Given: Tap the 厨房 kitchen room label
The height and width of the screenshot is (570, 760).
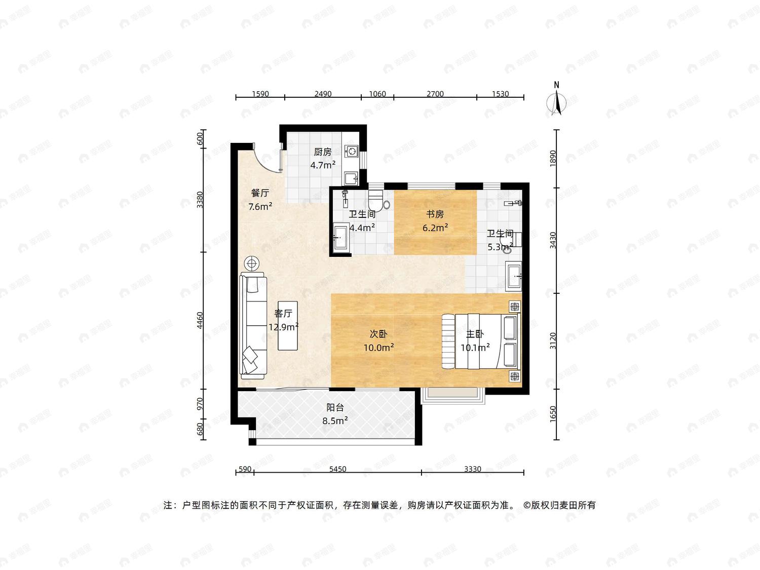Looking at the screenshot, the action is tap(322, 152).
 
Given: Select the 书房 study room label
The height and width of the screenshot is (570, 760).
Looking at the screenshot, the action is tap(435, 214).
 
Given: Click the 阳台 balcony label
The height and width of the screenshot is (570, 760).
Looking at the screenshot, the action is tap(335, 408).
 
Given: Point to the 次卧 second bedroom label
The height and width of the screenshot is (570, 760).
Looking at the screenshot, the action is tap(378, 334).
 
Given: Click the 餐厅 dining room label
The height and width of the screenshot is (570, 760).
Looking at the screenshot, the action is tap(260, 193).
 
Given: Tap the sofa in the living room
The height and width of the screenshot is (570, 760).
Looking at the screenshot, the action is tap(253, 325).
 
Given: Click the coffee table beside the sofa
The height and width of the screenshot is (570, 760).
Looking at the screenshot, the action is tap(288, 326).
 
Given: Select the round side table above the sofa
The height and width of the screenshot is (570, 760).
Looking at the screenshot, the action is tap(252, 264).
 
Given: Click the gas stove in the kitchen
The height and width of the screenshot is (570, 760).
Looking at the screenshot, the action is tap(352, 151).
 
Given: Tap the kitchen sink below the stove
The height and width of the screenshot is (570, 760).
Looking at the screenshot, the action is tap(351, 178).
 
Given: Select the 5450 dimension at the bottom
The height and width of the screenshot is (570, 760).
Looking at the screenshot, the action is tap(337, 469).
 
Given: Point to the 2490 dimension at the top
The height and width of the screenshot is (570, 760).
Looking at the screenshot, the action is tap(323, 94).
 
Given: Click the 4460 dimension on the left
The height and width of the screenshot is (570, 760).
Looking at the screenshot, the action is tap(200, 321).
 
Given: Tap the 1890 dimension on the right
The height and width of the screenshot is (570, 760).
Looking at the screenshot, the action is tap(553, 158).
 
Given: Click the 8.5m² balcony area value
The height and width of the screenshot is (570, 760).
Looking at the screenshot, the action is tap(335, 421).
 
